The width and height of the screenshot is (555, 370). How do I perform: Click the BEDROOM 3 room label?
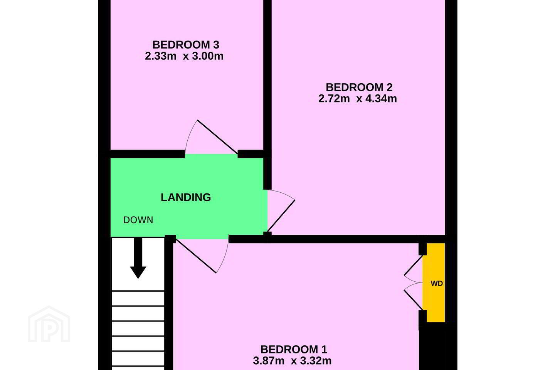pos(186,45)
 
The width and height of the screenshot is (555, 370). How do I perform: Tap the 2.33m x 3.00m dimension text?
pos(184,56)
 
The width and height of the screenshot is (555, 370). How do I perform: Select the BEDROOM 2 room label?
pos(359,87)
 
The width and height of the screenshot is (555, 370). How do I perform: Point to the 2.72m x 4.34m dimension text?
pos(358,99)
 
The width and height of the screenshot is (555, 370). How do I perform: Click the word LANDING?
pos(186,197)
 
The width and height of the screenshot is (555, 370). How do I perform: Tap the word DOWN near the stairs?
pos(138,220)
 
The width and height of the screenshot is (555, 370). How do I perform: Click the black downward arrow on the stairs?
pos(138,258)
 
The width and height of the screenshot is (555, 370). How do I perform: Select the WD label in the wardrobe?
pos(437,284)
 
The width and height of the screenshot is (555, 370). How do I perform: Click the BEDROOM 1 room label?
pos(294,350)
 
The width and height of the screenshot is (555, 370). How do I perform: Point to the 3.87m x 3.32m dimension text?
pos(292,361)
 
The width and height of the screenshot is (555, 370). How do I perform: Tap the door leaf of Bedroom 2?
pos(281,216)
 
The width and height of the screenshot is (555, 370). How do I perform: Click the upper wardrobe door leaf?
pos(413,266)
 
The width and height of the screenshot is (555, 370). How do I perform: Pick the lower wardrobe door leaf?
pos(413,300)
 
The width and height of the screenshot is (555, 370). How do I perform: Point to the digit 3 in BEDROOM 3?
pos(216,45)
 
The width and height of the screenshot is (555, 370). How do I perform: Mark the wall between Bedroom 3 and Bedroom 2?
pos(267,77)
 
